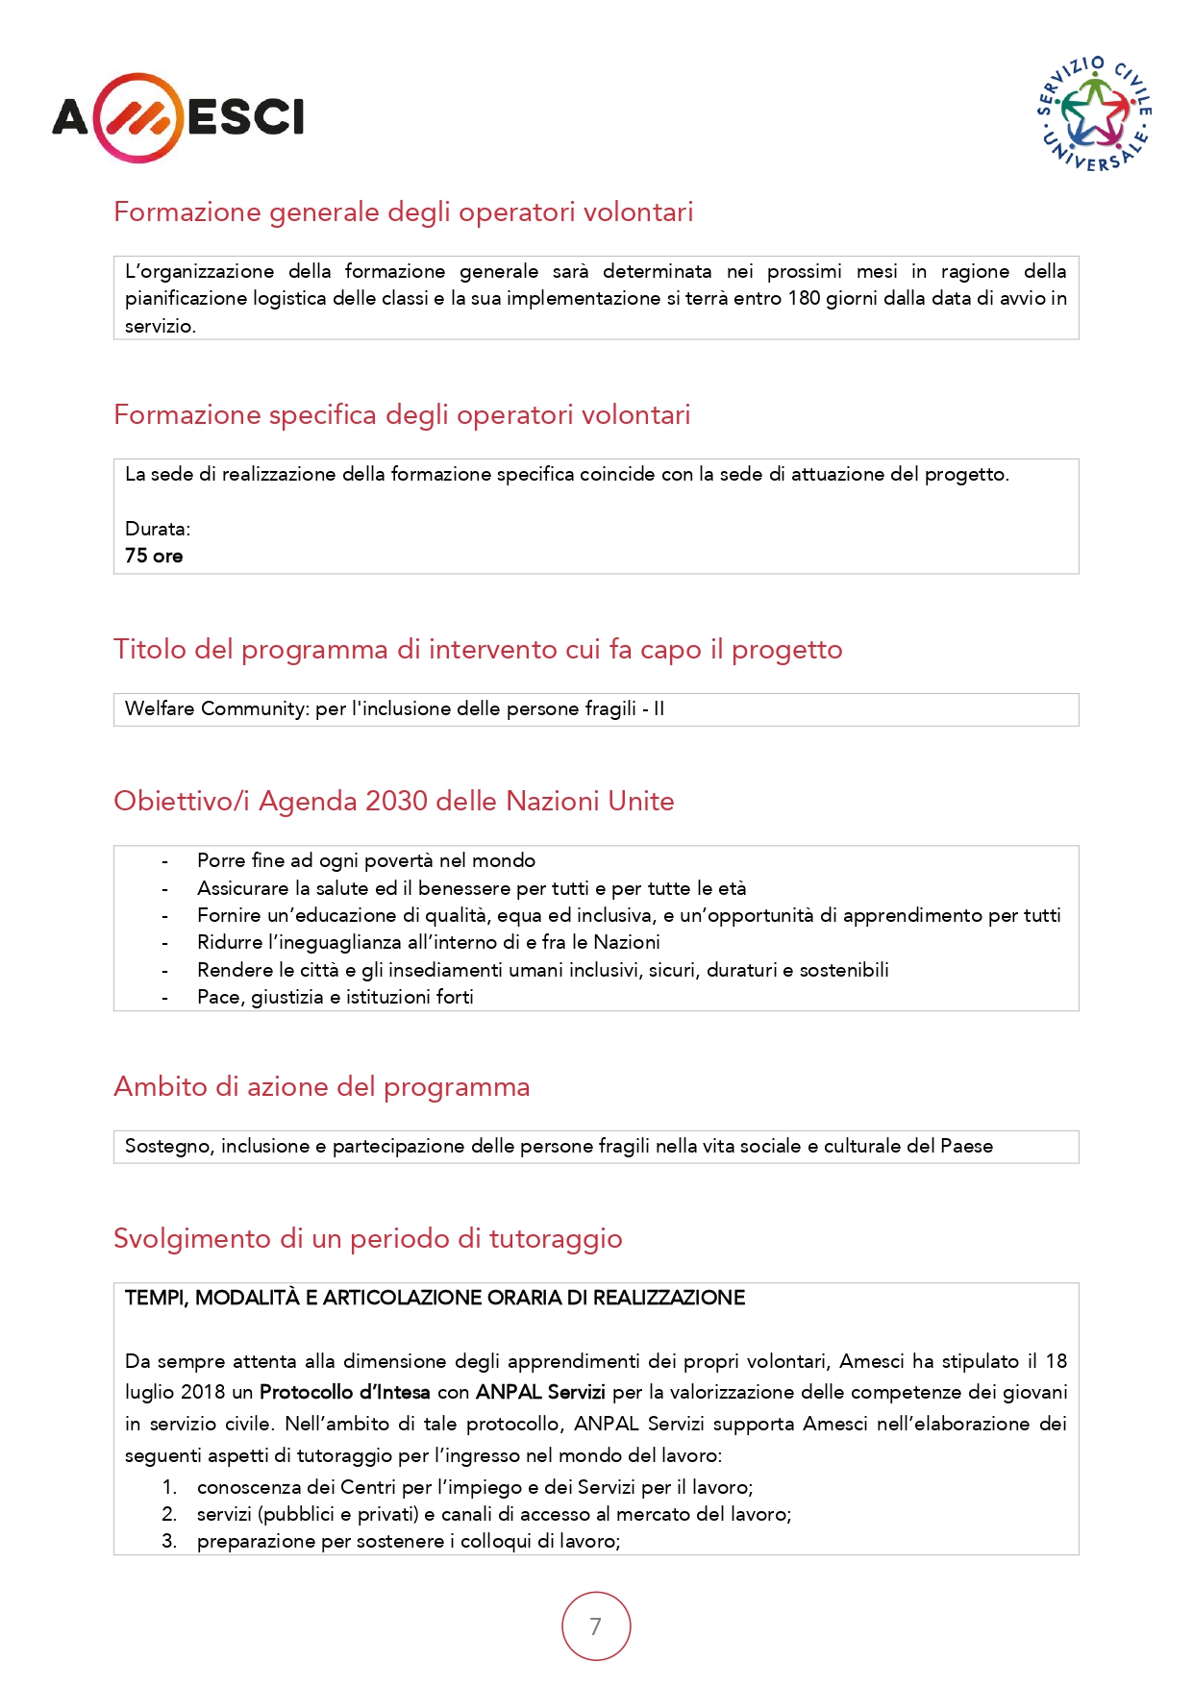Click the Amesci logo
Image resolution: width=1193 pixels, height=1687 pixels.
click(x=178, y=117)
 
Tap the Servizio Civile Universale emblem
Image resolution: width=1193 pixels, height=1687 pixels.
click(x=1095, y=114)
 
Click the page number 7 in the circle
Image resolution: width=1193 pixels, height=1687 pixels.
click(x=596, y=1625)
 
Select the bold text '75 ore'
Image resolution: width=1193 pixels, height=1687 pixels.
click(x=154, y=556)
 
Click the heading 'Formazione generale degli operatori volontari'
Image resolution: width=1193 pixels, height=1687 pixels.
click(x=403, y=211)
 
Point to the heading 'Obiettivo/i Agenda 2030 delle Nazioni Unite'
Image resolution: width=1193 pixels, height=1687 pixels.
click(x=393, y=801)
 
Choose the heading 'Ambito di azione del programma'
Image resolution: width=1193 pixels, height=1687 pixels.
click(x=321, y=1086)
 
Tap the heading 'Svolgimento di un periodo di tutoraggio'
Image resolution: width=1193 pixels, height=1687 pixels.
click(x=367, y=1238)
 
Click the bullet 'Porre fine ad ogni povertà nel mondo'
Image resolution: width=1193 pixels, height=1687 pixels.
click(x=365, y=860)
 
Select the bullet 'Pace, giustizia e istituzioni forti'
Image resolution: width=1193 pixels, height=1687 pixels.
click(x=335, y=997)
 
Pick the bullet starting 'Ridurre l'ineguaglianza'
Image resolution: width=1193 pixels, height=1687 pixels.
click(x=428, y=942)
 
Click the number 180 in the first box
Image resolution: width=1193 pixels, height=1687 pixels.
click(x=804, y=298)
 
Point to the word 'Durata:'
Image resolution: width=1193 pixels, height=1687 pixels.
click(x=158, y=529)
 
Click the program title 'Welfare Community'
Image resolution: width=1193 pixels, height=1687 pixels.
click(x=215, y=708)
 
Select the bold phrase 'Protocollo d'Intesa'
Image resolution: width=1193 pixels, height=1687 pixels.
click(x=344, y=1392)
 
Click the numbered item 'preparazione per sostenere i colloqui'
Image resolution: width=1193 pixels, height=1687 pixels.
click(x=408, y=1541)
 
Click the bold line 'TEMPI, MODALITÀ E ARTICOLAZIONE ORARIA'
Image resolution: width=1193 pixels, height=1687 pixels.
click(x=435, y=1298)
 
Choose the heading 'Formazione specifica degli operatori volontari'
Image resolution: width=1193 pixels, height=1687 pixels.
click(x=402, y=414)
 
